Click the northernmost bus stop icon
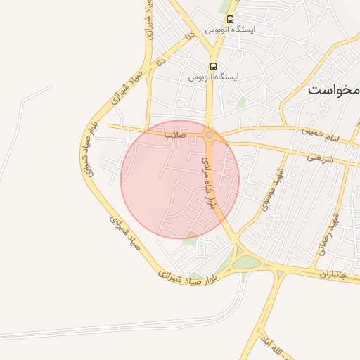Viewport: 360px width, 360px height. (231, 19)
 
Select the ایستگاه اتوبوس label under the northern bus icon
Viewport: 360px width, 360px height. (231, 30)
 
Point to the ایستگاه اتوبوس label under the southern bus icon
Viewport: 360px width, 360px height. (214, 76)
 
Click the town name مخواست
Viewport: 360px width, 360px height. (335, 91)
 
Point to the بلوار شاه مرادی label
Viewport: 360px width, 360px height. (208, 181)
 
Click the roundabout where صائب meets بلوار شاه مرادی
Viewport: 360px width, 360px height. (209, 134)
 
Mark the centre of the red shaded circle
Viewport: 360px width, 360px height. (180, 179)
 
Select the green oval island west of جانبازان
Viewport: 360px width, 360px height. (247, 263)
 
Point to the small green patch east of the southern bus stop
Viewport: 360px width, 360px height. (241, 102)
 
